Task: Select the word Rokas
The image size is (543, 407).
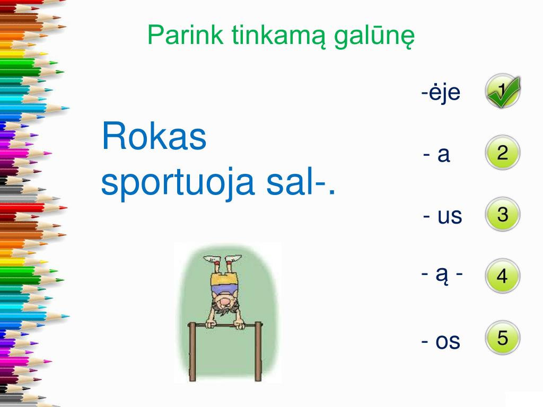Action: (154, 136)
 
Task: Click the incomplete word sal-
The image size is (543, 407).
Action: (298, 183)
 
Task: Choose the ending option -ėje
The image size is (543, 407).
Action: (441, 94)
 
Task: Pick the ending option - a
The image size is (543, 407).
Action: (437, 155)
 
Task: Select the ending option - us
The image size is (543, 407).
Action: (443, 216)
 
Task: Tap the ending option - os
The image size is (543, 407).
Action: (441, 341)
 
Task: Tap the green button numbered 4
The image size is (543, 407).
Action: (502, 276)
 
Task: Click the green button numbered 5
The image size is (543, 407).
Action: (502, 338)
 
